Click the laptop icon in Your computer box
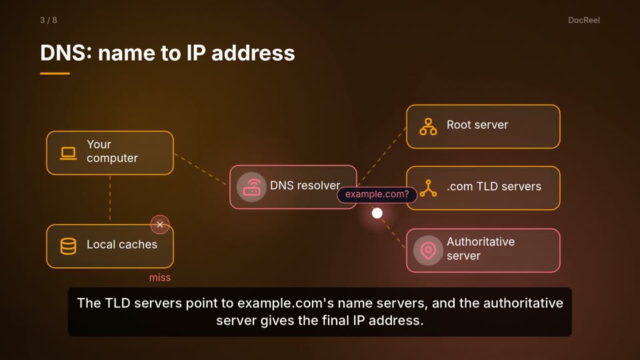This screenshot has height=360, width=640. click(68, 153)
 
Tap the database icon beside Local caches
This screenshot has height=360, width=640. click(68, 246)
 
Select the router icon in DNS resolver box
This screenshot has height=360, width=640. click(251, 187)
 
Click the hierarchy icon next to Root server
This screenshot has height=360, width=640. click(428, 127)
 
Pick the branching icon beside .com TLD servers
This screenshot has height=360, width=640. click(428, 188)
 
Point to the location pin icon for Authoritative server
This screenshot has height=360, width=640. click(428, 250)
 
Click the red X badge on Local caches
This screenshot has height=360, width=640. click(160, 225)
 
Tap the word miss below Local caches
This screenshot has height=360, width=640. click(159, 277)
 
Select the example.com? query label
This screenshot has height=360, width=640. click(377, 194)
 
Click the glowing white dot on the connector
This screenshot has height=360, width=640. click(377, 213)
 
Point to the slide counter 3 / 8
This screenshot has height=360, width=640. click(49, 21)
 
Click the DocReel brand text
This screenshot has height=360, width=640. click(584, 21)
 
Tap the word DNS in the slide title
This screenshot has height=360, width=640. click(65, 53)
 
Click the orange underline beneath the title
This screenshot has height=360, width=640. click(55, 73)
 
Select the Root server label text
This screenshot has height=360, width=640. click(477, 125)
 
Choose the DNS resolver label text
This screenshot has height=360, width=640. click(305, 186)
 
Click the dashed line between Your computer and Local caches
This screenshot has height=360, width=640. click(110, 199)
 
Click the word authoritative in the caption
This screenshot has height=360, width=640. click(523, 303)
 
